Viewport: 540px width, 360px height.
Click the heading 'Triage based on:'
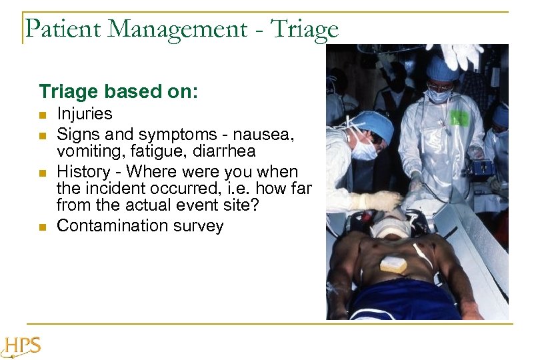pos(118,91)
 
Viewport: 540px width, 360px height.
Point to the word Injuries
pos(85,114)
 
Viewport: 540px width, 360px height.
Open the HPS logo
pos(22,345)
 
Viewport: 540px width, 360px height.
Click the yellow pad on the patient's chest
pos(393,265)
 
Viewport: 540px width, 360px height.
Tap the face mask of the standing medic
pos(438,95)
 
